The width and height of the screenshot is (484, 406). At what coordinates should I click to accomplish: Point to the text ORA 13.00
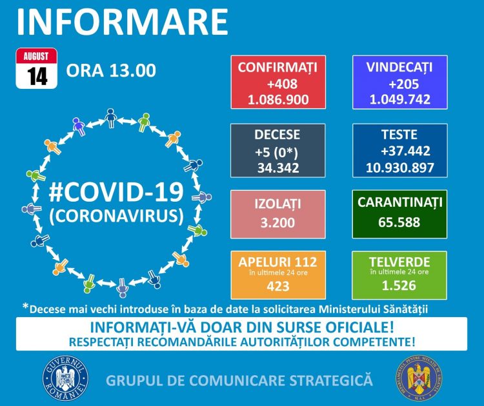point(110,70)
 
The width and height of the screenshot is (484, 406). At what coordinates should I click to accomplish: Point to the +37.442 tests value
point(401,151)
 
